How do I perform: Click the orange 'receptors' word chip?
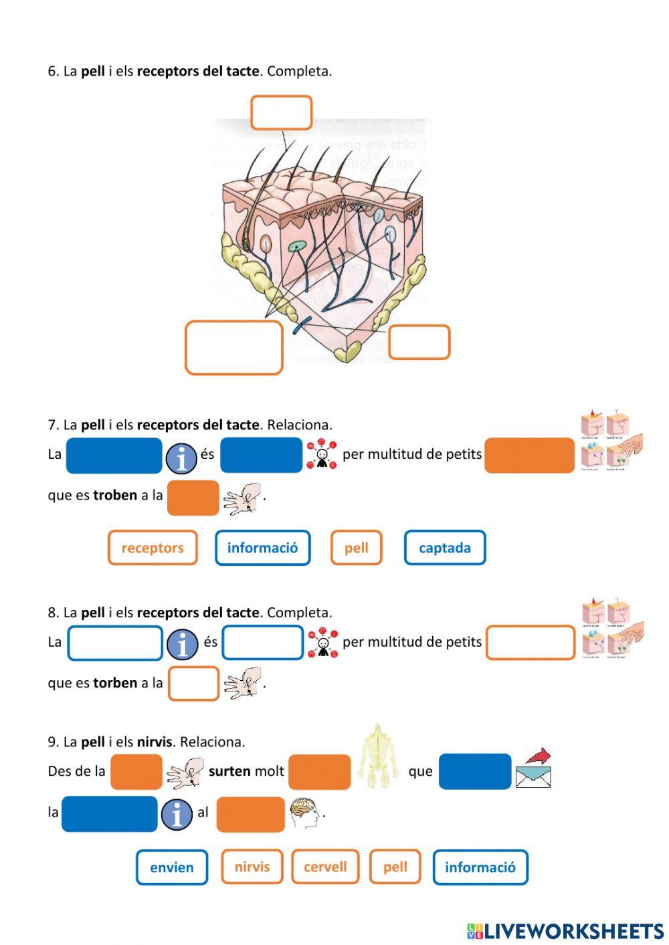tap(153, 548)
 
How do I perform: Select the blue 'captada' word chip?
tap(445, 548)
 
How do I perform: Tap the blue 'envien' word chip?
tap(172, 867)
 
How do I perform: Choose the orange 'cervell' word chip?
tap(325, 867)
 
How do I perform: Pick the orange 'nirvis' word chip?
tap(252, 867)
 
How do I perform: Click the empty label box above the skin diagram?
tap(281, 112)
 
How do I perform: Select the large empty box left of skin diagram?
tap(234, 347)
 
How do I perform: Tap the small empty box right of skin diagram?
tap(419, 342)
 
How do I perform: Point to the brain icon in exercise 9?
tap(304, 813)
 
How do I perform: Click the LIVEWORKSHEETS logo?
tap(565, 930)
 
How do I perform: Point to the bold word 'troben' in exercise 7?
tap(115, 496)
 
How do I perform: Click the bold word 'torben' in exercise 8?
tap(115, 683)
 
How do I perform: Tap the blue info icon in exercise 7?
tap(181, 458)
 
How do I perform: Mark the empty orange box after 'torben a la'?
tap(193, 683)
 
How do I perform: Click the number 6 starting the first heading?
tap(52, 71)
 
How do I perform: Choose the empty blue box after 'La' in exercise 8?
tap(115, 643)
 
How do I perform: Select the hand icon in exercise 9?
tap(185, 773)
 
